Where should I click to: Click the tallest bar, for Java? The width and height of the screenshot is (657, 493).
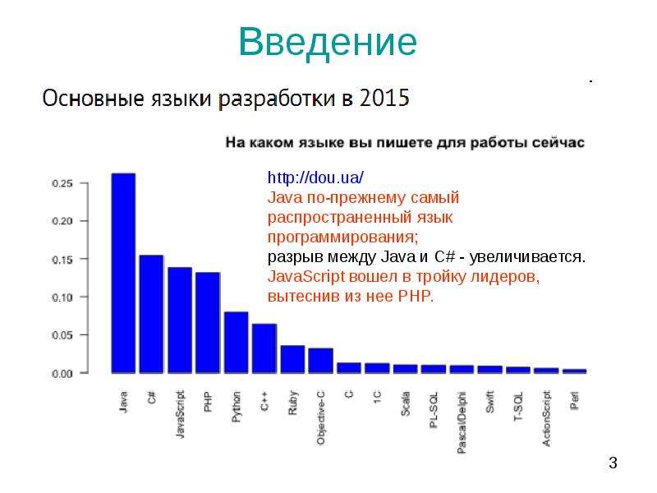pos(123,273)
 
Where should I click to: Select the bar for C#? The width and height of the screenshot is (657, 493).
pos(151,314)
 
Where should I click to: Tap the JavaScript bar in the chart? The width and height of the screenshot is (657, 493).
pos(180,320)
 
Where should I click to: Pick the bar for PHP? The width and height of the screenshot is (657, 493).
pos(208,323)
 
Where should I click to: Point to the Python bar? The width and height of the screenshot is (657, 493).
pos(237,343)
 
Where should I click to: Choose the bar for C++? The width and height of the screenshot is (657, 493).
pos(264,348)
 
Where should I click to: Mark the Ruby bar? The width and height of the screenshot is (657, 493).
pos(292,359)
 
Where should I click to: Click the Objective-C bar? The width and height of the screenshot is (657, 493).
pos(321,361)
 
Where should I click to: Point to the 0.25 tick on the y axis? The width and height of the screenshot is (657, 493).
pos(62,183)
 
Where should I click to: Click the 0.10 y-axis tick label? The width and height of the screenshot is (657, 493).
pos(62,297)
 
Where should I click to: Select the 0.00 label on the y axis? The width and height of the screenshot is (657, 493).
pos(62,374)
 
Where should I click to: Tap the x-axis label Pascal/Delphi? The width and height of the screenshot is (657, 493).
pos(462,422)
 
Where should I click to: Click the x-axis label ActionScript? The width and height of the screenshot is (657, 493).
pos(546,418)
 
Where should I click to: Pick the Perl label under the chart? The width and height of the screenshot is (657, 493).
pos(574,400)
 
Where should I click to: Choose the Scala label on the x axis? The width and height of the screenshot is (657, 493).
pos(405,403)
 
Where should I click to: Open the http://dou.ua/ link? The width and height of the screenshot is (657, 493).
pos(315,177)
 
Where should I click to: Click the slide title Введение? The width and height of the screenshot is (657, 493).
pos(328,42)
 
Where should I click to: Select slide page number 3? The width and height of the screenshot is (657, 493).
pos(613,463)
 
